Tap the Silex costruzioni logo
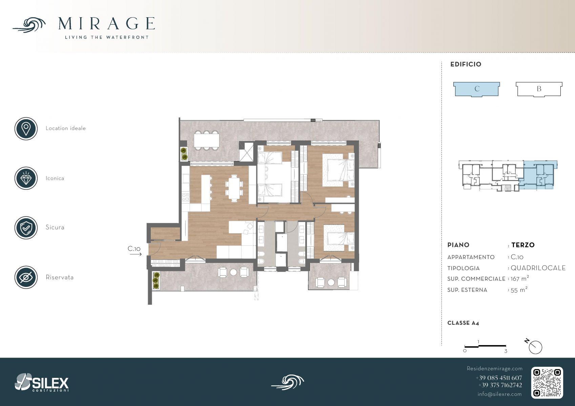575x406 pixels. pyautogui.click(x=42, y=382)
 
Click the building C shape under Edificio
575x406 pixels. pyautogui.click(x=476, y=89)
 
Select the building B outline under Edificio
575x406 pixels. pyautogui.click(x=539, y=89)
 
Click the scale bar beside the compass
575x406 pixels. pyautogui.click(x=485, y=346)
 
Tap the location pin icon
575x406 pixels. pyautogui.click(x=26, y=129)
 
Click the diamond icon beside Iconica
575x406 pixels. pyautogui.click(x=26, y=178)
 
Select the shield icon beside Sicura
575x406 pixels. pyautogui.click(x=26, y=228)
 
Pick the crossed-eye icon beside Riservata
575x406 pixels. pyautogui.click(x=26, y=277)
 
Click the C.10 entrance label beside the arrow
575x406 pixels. pyautogui.click(x=134, y=249)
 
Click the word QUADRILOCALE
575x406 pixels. pyautogui.click(x=538, y=268)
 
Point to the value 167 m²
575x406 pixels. pyautogui.click(x=520, y=278)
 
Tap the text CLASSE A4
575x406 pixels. pyautogui.click(x=463, y=323)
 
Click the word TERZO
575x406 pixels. pyautogui.click(x=523, y=245)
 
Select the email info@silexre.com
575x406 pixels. pyautogui.click(x=499, y=394)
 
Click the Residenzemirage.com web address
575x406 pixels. pyautogui.click(x=494, y=368)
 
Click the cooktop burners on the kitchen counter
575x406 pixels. pyautogui.click(x=186, y=197)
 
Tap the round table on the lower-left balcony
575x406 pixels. pyautogui.click(x=233, y=272)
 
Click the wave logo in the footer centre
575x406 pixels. pyautogui.click(x=287, y=383)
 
